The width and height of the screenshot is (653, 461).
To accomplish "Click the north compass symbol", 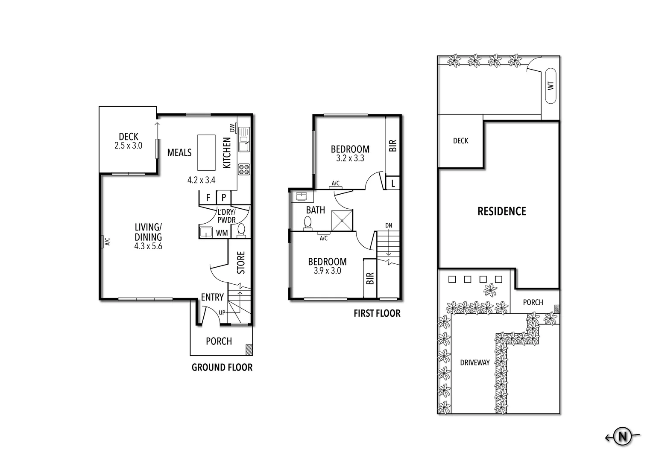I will coord(623,437).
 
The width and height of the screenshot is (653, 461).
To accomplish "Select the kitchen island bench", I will coord(206,152).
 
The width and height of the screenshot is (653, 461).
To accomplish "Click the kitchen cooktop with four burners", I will coord(244,169).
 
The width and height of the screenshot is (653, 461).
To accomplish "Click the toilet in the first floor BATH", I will coord(307,223).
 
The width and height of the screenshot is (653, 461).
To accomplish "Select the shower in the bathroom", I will coord(343,220).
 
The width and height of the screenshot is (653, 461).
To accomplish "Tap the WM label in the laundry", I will coord(222,233).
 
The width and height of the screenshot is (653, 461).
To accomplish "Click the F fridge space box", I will coord(208,198).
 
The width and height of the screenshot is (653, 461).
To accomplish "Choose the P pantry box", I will coord(223,198).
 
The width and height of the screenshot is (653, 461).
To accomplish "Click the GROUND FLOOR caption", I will coord(222,367).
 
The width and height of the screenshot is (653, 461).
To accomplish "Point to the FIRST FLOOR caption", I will coord(377,313).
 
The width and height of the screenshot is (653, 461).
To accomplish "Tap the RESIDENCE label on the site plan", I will coord(501,211).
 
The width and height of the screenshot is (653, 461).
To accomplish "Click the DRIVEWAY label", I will coord(474,362).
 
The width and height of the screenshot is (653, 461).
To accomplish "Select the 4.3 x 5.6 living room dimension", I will coord(148,246).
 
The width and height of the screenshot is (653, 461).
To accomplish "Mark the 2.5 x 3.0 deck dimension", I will coord(128,146).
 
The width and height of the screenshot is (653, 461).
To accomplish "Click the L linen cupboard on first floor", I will coord(392,183).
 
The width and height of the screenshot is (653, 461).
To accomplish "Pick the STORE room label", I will coord(241,263).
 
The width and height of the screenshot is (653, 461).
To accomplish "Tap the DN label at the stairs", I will coord(388,225).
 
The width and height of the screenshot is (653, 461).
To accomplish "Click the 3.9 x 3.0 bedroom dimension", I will coord(327,271).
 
